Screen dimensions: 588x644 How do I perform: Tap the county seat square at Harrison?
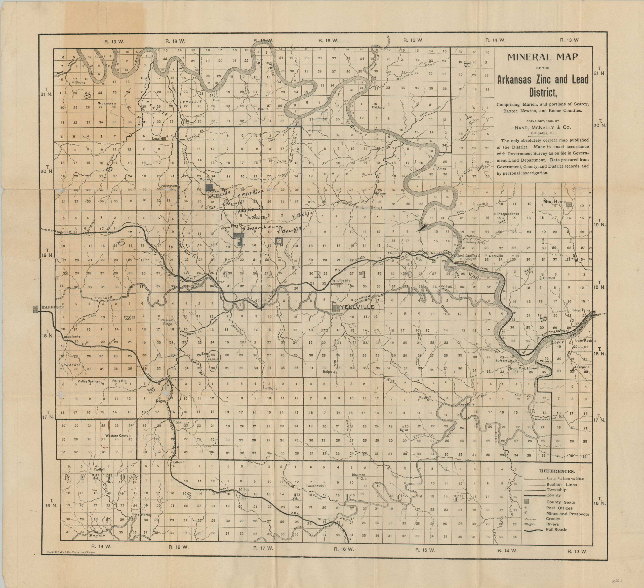coord(35,309)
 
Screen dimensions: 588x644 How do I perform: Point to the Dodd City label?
coord(259,218)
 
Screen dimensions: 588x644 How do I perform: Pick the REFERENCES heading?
coord(557,471)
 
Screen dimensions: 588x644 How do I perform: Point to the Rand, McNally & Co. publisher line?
coord(542,127)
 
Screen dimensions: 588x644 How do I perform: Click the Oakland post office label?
coord(378,107)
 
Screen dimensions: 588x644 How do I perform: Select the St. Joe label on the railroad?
coord(244,489)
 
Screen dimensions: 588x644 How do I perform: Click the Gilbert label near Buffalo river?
coord(323,519)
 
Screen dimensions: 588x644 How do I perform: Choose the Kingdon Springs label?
coord(369,207)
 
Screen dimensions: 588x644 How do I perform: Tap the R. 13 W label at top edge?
coord(569,40)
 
